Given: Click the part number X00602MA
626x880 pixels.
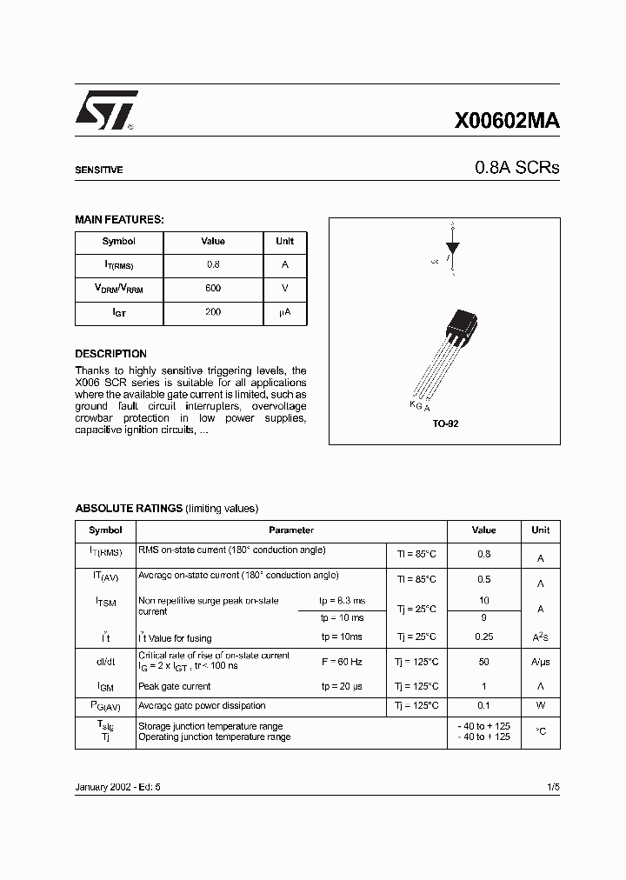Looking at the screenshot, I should [507, 123].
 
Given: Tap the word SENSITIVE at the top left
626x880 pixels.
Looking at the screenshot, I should [98, 170].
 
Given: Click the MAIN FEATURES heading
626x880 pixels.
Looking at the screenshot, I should [119, 220].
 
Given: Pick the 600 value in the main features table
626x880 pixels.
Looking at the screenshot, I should [213, 288].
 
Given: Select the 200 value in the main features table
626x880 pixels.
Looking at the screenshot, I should [213, 311].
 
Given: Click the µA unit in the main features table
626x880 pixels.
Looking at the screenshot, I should [284, 311].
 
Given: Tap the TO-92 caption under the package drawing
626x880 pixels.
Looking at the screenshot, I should [444, 423].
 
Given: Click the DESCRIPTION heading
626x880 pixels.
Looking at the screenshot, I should [110, 354].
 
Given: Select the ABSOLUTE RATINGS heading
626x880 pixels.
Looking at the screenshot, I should [129, 508].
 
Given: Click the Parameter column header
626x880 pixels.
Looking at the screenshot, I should [291, 530].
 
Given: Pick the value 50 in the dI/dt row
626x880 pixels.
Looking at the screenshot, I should [484, 662].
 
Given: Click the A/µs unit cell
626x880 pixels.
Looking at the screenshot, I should [540, 662].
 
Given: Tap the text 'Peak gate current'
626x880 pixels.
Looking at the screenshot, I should [175, 686].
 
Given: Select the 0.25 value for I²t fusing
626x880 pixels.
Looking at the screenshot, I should [484, 637].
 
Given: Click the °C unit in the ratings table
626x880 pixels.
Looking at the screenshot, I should [540, 731].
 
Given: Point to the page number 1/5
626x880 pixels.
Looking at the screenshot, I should [553, 786].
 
